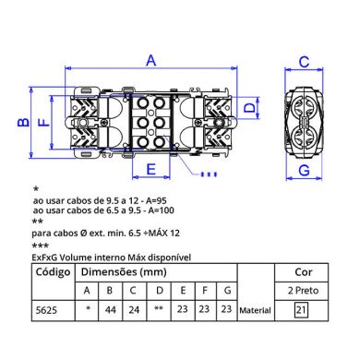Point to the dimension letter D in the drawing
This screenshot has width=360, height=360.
pyautogui.click(x=249, y=108)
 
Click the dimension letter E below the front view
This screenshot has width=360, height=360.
pyautogui.click(x=150, y=169)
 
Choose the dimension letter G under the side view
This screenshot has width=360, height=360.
pyautogui.click(x=302, y=172)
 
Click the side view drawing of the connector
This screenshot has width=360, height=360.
pyautogui.click(x=302, y=119)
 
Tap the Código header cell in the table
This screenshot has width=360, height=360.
pyautogui.click(x=52, y=273)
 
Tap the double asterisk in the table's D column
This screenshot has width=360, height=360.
pyautogui.click(x=159, y=311)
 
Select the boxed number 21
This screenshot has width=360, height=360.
pyautogui.click(x=301, y=311)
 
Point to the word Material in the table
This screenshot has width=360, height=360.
pyautogui.click(x=255, y=312)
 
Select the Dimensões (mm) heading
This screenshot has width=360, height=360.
pyautogui.click(x=123, y=273)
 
